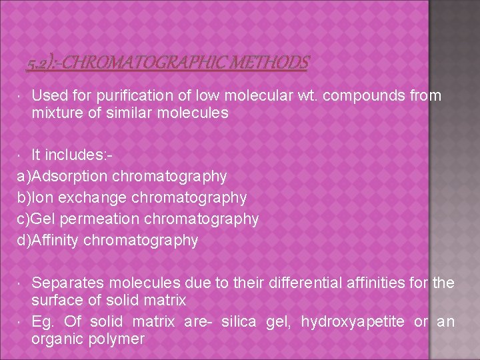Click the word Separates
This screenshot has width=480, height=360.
(x=65, y=283)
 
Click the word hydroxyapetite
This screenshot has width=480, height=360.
(x=353, y=323)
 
